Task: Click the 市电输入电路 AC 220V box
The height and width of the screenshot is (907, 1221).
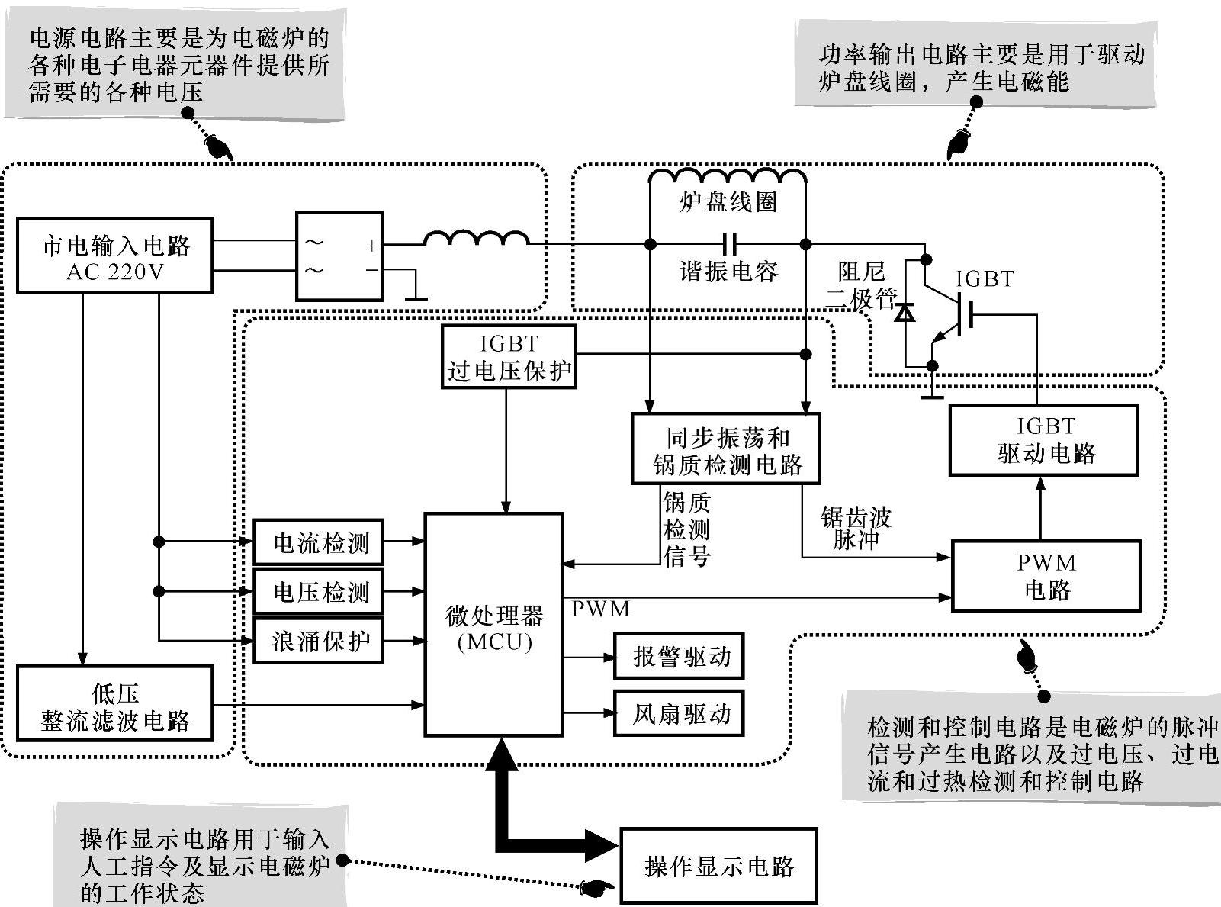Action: (x=114, y=256)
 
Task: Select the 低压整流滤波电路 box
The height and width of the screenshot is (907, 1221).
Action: (x=115, y=703)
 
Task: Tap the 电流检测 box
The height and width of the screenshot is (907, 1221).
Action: (x=318, y=542)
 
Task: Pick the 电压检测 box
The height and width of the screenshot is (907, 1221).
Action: (x=318, y=591)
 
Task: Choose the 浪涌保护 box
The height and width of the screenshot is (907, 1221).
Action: (x=318, y=641)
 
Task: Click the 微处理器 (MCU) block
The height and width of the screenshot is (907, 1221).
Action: (x=493, y=625)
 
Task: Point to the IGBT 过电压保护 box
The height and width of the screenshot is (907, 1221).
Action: (x=509, y=357)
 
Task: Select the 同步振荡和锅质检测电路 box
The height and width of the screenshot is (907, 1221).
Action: (x=726, y=449)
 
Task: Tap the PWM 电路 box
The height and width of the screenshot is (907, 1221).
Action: (x=1046, y=576)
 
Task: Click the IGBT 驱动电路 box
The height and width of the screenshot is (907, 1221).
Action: (x=1043, y=440)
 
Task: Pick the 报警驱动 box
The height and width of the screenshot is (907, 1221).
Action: (x=679, y=656)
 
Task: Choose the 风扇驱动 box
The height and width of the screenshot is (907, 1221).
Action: (x=679, y=713)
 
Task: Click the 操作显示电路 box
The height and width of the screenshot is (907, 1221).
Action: (x=718, y=866)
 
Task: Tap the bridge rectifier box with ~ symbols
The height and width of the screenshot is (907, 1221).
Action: (x=339, y=256)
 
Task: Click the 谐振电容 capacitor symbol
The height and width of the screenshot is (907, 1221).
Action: (x=729, y=244)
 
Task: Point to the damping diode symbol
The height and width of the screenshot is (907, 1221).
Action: (x=905, y=313)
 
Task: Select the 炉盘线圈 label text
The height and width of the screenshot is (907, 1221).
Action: (x=728, y=202)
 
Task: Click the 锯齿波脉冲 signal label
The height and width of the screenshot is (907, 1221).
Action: (x=856, y=529)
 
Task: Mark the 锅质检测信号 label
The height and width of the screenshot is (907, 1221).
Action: (x=686, y=529)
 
